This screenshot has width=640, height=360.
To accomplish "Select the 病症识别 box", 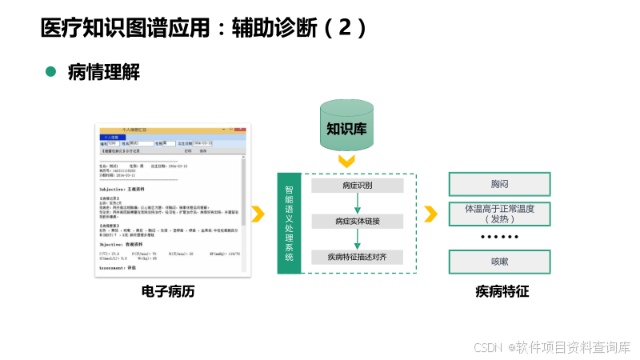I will point(357,185).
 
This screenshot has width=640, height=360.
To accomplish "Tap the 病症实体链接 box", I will point(357,221).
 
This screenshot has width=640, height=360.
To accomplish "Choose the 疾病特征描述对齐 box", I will point(357,257).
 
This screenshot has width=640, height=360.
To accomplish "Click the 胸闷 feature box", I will point(500,184).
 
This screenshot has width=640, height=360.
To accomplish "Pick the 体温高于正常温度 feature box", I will point(500,214).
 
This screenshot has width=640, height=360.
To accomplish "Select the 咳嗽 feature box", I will point(500,262).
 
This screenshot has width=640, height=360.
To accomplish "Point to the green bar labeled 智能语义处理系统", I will point(289,223).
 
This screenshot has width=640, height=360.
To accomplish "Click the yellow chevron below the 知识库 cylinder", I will point(346,162).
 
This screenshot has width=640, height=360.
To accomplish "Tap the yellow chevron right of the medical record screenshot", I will point(258,214).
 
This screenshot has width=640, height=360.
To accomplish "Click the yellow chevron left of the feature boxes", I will point(430,214).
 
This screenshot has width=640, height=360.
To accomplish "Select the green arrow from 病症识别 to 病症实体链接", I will point(357,203).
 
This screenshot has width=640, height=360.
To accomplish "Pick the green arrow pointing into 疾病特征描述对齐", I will point(357,239).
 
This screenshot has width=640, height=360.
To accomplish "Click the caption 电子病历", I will point(168,292).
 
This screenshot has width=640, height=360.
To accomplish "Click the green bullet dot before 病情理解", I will point(51,72).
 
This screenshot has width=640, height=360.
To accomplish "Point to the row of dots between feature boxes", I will point(500,237).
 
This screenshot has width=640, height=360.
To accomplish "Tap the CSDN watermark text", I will point(552,347).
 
